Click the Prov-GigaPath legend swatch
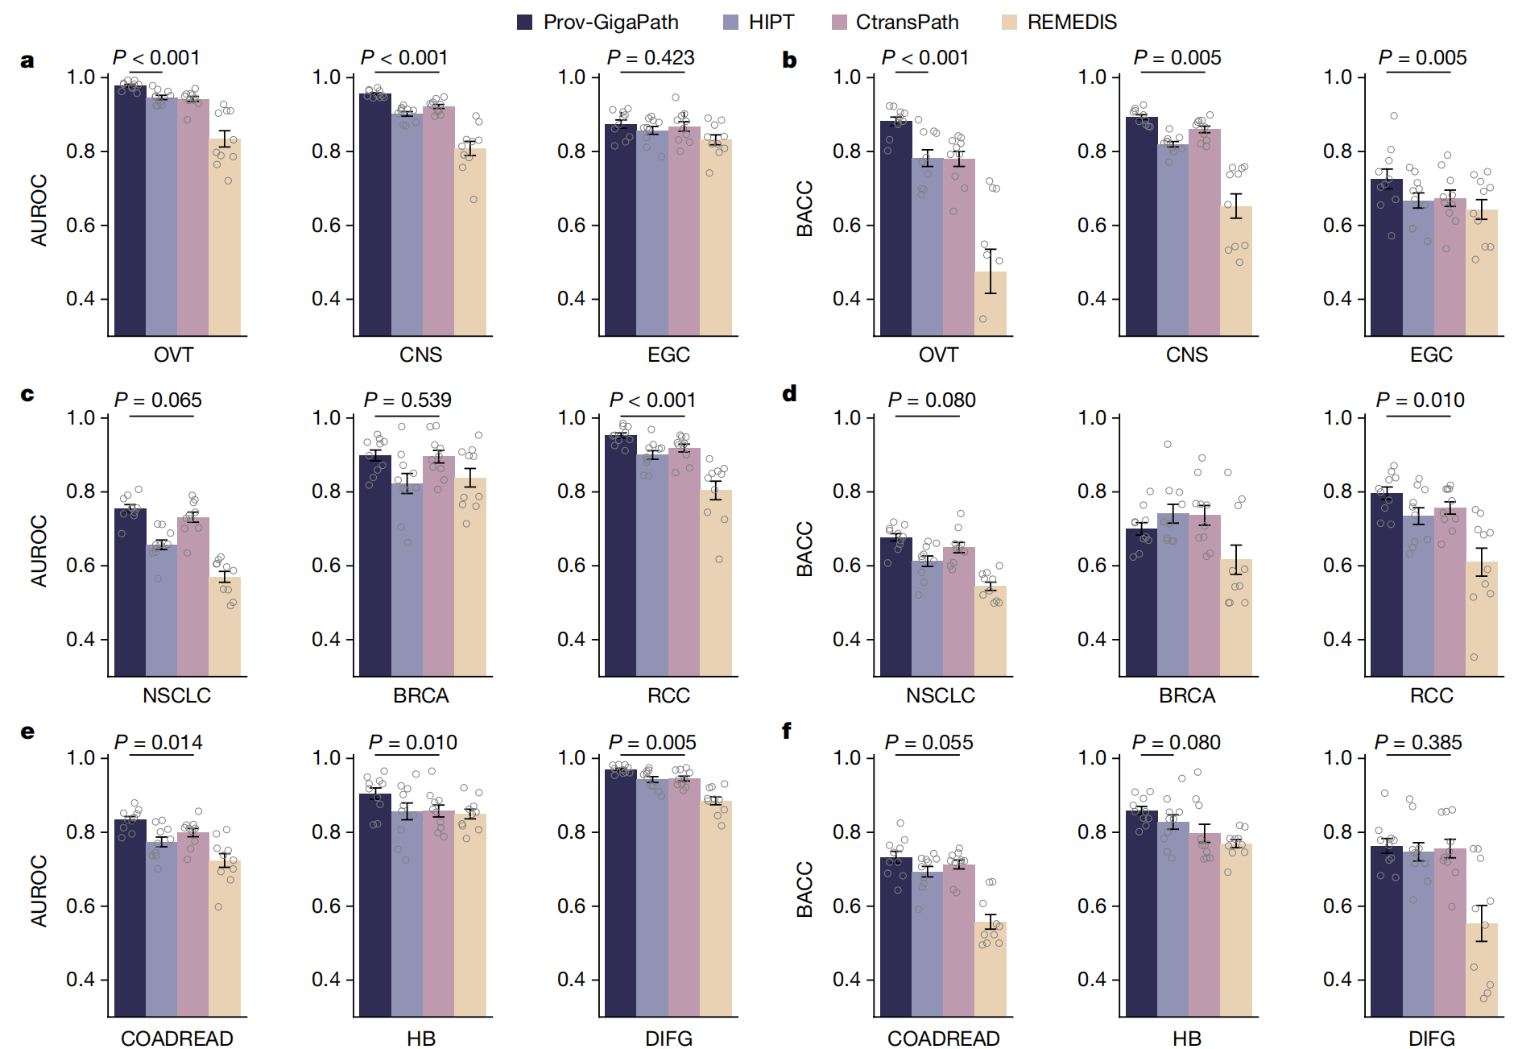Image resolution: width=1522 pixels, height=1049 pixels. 524,23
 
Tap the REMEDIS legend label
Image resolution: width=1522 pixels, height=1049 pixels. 1072,23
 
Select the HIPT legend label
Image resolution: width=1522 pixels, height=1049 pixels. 771,23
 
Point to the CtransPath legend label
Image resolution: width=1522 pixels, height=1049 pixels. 907,23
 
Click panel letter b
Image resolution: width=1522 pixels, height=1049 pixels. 789,60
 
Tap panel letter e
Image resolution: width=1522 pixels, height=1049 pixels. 27,732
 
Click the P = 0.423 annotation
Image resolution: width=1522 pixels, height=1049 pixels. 651,58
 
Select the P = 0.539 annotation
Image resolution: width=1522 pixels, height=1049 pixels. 407,400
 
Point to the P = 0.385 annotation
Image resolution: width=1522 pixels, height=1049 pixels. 1418,743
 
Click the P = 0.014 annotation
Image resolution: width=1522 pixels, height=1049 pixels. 159,743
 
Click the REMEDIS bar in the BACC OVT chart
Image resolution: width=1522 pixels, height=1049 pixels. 991,304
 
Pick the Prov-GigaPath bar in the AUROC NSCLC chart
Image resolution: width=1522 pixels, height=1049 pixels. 130,592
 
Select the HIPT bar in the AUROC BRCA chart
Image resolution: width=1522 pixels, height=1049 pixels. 407,579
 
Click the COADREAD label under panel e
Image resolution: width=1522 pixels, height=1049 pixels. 177,1039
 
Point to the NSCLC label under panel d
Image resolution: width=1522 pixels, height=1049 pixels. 940,695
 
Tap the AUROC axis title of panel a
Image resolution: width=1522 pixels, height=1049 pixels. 39,209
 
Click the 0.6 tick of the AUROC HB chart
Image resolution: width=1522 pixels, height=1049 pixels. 326,906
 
